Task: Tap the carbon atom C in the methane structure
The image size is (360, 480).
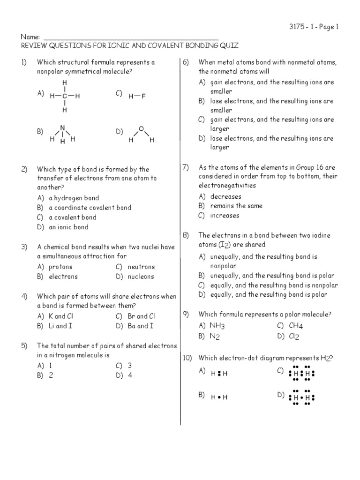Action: (x=65, y=96)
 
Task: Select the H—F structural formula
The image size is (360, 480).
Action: (x=137, y=96)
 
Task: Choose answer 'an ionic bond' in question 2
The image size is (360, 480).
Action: (x=68, y=227)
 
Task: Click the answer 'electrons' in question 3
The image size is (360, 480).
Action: (x=63, y=277)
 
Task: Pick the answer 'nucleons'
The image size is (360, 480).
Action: (x=141, y=277)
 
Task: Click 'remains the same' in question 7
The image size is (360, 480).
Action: (x=236, y=206)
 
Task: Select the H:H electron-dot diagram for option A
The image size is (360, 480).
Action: (x=219, y=374)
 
